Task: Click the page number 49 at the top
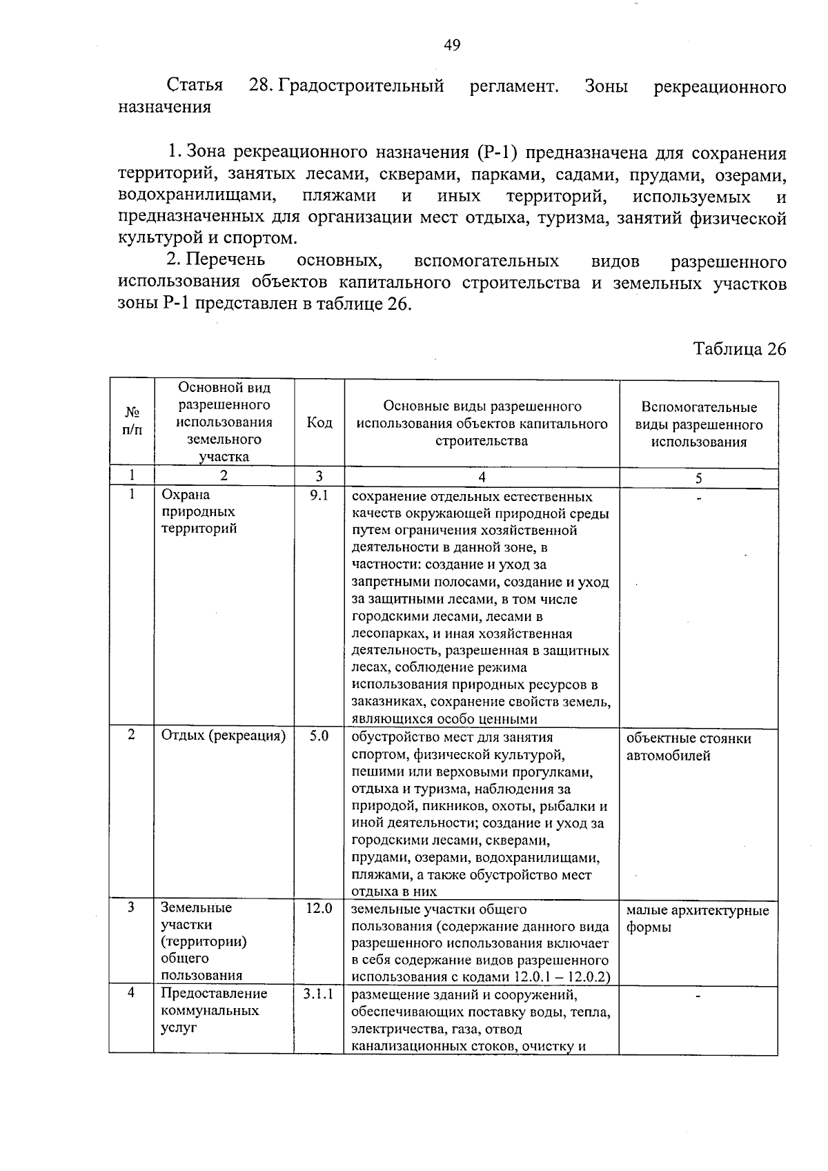[452, 46]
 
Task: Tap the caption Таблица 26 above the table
[740, 349]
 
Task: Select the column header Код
[319, 423]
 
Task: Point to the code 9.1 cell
[319, 495]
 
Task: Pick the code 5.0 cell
[319, 736]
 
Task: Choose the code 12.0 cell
[319, 909]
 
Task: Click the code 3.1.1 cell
[318, 994]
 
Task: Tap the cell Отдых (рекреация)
[223, 736]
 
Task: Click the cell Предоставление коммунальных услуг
[213, 1011]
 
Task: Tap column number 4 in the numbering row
[482, 477]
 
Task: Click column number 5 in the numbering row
[698, 478]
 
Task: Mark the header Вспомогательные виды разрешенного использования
[698, 424]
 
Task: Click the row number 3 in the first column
[131, 907]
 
